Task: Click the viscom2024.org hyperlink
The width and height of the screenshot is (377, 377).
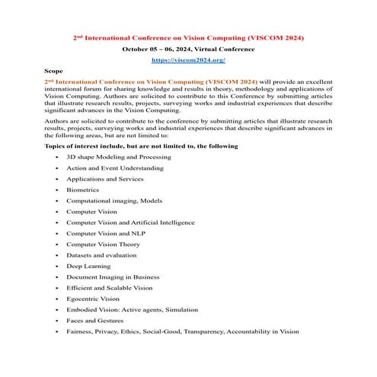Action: tap(188, 59)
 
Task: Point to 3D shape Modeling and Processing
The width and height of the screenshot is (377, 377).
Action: tap(118, 157)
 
